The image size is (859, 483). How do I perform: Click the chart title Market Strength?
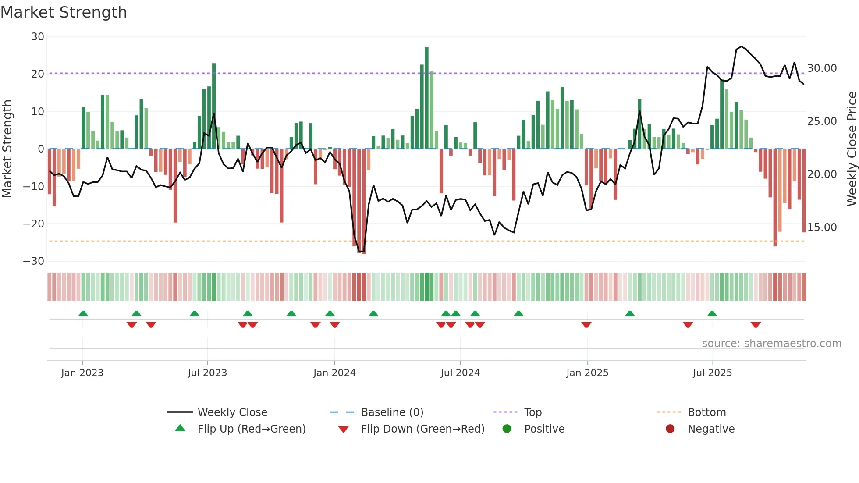pyautogui.click(x=64, y=12)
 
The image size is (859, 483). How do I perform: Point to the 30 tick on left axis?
pyautogui.click(x=38, y=37)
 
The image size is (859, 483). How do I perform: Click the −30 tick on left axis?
pyautogui.click(x=34, y=261)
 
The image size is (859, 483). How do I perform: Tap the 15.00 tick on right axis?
pyautogui.click(x=822, y=227)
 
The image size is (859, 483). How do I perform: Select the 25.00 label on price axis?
pyautogui.click(x=822, y=121)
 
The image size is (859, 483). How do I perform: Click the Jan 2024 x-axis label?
pyautogui.click(x=334, y=373)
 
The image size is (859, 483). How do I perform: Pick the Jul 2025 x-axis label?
pyautogui.click(x=712, y=373)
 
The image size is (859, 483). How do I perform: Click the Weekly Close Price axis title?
pyautogui.click(x=852, y=149)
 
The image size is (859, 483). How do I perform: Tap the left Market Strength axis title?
pyautogui.click(x=7, y=149)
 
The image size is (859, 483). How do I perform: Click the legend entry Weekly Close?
pyautogui.click(x=232, y=412)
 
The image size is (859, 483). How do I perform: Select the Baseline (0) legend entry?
pyautogui.click(x=392, y=412)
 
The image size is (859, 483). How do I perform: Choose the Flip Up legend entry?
pyautogui.click(x=251, y=429)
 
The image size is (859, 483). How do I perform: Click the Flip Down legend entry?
pyautogui.click(x=422, y=429)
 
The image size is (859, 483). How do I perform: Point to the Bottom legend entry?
pyautogui.click(x=706, y=412)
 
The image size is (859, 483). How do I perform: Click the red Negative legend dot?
pyautogui.click(x=670, y=429)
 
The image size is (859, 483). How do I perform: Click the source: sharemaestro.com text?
pyautogui.click(x=771, y=344)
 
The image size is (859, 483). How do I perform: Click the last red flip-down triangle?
pyautogui.click(x=756, y=325)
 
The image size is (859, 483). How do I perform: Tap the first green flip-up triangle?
pyautogui.click(x=83, y=313)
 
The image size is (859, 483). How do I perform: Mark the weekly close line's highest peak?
pyautogui.click(x=741, y=46)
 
